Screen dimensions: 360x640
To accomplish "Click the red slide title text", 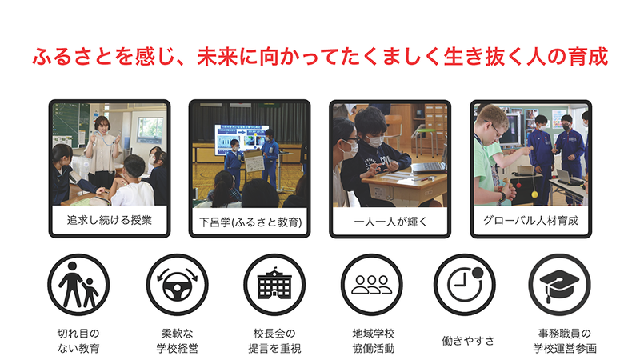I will click(320, 58).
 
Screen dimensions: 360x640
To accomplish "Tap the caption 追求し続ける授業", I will click(109, 218).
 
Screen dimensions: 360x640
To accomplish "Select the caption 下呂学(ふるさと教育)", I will click(249, 218).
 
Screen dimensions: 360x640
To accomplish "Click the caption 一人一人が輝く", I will click(389, 218).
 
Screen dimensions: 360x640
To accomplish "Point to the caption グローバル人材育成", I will click(530, 218).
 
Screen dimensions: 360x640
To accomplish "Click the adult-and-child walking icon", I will click(78, 286).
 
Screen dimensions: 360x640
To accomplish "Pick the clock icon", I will click(466, 286).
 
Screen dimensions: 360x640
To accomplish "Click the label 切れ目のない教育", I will click(78, 341).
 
